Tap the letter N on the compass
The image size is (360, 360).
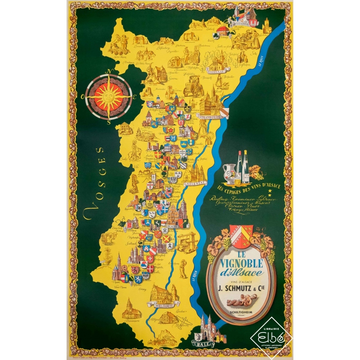tap(108, 72)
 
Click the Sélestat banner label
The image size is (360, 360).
tap(194, 184)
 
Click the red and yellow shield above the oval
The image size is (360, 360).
tap(241, 235)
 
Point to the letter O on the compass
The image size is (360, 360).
tap(83, 96)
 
